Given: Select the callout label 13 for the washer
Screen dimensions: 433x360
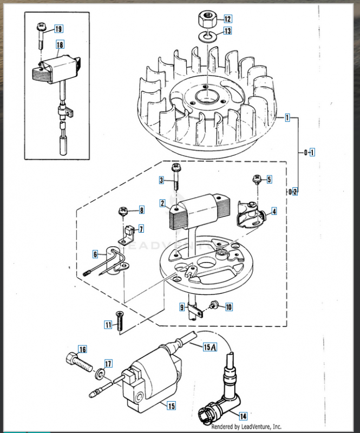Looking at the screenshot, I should (227, 31).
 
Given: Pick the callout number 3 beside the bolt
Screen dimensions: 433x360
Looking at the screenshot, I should (161, 180).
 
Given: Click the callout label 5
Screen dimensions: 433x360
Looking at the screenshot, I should (269, 179).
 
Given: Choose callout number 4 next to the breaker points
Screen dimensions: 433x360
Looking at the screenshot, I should (274, 211).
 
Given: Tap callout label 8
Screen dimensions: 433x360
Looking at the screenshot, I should (141, 210).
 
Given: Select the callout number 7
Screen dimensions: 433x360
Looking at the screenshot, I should (141, 228).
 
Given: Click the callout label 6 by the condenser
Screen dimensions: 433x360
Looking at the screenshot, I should (95, 253).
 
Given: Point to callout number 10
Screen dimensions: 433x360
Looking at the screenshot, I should (228, 307).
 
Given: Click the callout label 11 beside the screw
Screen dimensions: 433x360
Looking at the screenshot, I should (108, 325).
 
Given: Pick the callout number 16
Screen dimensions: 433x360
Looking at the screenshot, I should (82, 349).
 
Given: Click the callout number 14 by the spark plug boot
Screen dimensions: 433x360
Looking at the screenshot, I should (243, 416).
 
